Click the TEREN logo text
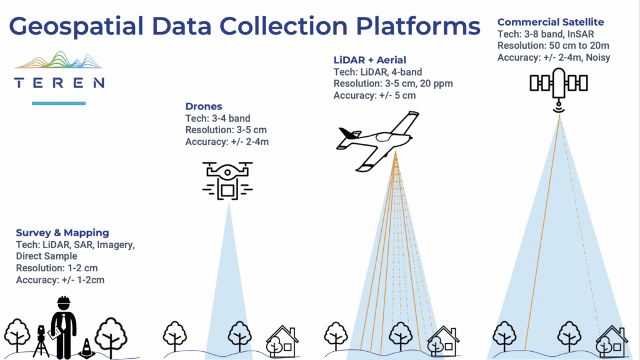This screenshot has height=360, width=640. point(59,82)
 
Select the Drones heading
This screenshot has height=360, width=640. point(204,107)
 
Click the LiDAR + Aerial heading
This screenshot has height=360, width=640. point(370,60)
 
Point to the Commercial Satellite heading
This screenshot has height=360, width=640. point(551,22)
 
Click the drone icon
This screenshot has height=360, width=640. point(227,179)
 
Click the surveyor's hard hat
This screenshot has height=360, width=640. point(62,302)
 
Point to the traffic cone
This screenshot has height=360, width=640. point(86,348)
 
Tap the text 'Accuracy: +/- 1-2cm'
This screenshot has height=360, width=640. point(60,280)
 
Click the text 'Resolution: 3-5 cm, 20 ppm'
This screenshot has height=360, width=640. point(392,84)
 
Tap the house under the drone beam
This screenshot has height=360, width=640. point(282,341)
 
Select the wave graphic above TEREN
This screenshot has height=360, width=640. point(59,61)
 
